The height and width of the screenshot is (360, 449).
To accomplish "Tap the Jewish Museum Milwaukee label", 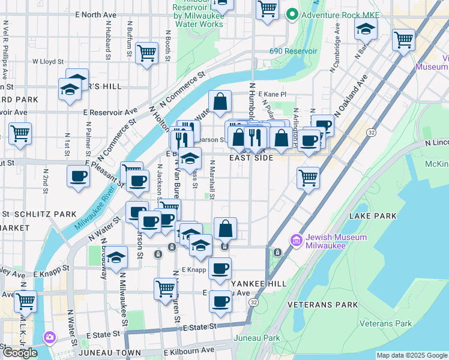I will pyautogui.click(x=336, y=241).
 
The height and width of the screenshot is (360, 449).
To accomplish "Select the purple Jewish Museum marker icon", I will pyautogui.click(x=296, y=241).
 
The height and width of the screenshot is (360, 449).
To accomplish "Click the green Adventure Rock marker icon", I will pyautogui.click(x=292, y=13).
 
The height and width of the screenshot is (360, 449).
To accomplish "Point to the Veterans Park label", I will pyautogui.click(x=386, y=323).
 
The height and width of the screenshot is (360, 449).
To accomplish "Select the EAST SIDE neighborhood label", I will pyautogui.click(x=251, y=158).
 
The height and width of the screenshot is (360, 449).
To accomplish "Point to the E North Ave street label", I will pyautogui.click(x=95, y=13).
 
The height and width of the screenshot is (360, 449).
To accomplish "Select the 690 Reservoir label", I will pyautogui.click(x=294, y=52).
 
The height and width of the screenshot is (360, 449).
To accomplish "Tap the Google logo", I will pyautogui.click(x=20, y=353).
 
